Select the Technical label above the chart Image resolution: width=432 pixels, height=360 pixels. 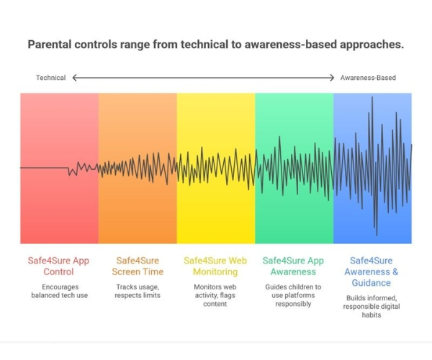(x=50, y=78)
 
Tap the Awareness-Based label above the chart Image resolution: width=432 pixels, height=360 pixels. (x=368, y=78)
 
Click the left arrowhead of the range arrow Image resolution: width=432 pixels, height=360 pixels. (x=75, y=78)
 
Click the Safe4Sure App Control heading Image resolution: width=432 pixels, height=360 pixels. (x=59, y=266)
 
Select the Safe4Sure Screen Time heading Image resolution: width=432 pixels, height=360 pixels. (x=138, y=266)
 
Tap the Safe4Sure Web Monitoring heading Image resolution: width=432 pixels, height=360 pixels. (x=215, y=266)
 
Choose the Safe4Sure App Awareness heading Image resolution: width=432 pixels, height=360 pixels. (x=294, y=266)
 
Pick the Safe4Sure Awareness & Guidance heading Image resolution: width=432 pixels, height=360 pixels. (x=372, y=272)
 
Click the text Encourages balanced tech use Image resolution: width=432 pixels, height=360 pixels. (x=59, y=292)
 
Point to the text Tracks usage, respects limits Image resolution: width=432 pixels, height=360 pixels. (x=138, y=292)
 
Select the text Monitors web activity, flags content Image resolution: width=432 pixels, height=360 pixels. (x=215, y=295)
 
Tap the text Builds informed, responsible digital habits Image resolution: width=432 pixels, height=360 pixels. (x=372, y=307)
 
